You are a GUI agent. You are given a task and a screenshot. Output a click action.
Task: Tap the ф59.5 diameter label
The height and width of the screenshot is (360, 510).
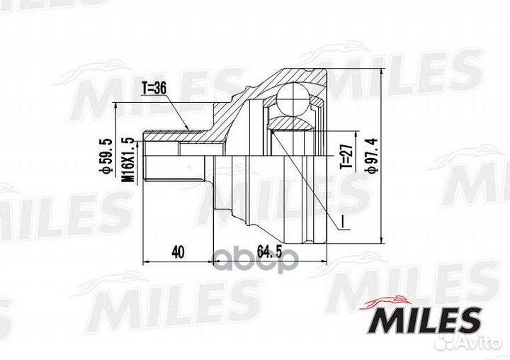(x=105, y=160)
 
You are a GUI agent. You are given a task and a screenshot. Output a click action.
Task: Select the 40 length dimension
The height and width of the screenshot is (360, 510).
(x=178, y=251)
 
